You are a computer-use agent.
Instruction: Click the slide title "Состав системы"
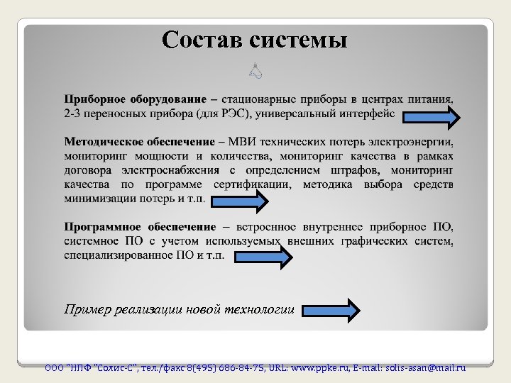(x=255, y=39)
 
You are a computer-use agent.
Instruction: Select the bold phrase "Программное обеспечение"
(x=140, y=227)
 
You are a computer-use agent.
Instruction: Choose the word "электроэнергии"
(x=412, y=142)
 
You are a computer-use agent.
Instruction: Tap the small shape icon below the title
(x=256, y=70)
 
